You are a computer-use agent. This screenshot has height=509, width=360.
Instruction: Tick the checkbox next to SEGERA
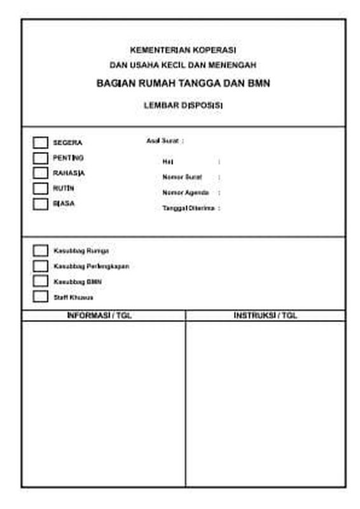(41, 143)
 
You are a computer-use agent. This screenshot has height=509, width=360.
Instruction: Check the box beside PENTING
(41, 158)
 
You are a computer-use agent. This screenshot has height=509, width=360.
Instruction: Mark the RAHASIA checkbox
(41, 173)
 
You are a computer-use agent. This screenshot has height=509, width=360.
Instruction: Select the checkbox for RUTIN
(41, 188)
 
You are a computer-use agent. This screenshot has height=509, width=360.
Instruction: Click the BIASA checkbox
(41, 204)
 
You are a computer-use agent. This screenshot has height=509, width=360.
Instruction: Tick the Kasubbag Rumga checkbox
(41, 251)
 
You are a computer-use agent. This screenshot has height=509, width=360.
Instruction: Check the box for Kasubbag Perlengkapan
(41, 266)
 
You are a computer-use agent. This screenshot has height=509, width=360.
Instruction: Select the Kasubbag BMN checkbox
(41, 281)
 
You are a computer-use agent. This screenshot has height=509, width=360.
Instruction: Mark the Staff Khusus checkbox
(41, 296)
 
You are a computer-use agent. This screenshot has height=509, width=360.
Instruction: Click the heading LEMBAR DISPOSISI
(183, 105)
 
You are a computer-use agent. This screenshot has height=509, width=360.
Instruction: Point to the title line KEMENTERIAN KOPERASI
(183, 50)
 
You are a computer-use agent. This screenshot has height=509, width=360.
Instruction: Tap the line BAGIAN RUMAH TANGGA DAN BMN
(183, 83)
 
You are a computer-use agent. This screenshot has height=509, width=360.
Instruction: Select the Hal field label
(168, 162)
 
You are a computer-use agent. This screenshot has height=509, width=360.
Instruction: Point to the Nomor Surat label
(182, 177)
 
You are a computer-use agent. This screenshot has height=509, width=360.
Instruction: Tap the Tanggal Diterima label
(188, 208)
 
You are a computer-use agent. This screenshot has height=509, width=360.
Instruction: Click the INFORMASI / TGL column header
(99, 316)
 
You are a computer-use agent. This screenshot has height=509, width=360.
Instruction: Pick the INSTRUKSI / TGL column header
(265, 316)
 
